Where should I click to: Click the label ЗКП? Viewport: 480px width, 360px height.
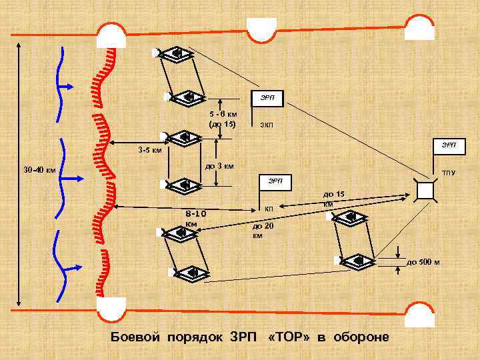pyautogui.click(x=266, y=125)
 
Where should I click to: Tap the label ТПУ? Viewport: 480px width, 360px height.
pyautogui.click(x=448, y=173)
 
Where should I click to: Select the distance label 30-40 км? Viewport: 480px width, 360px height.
pyautogui.click(x=39, y=169)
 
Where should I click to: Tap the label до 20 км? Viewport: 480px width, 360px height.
pyautogui.click(x=259, y=231)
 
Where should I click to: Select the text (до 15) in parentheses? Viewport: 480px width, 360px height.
pyautogui.click(x=223, y=123)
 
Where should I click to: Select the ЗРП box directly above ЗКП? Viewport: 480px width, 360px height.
pyautogui.click(x=267, y=98)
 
